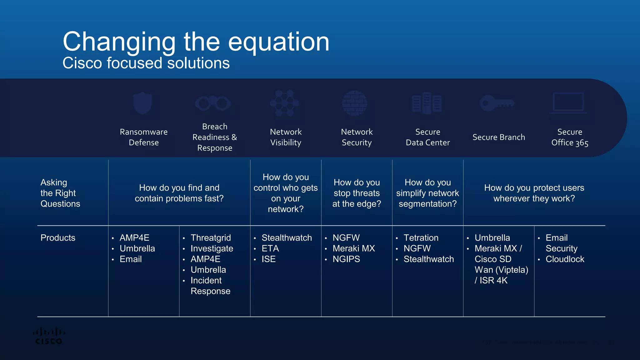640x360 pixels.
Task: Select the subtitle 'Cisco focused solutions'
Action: pyautogui.click(x=146, y=63)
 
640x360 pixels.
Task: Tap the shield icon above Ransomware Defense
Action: pyautogui.click(x=142, y=103)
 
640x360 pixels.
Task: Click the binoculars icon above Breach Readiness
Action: pyautogui.click(x=213, y=103)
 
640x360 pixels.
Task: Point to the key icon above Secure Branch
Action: pyautogui.click(x=497, y=103)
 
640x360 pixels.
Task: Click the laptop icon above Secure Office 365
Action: pyautogui.click(x=568, y=103)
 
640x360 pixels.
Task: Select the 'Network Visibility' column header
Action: pyautogui.click(x=286, y=137)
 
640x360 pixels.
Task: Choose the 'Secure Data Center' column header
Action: pyautogui.click(x=427, y=137)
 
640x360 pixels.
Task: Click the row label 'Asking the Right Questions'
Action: pyautogui.click(x=60, y=193)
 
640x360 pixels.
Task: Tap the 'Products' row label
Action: pyautogui.click(x=58, y=238)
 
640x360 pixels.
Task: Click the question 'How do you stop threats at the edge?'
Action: pyautogui.click(x=357, y=193)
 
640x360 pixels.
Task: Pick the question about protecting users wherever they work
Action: pyautogui.click(x=534, y=193)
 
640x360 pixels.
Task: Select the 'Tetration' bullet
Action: pyautogui.click(x=421, y=238)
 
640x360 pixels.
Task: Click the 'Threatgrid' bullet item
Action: pyautogui.click(x=211, y=238)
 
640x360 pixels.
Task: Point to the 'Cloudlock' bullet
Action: pyautogui.click(x=565, y=259)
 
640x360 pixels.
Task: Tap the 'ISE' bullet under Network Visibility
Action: pyautogui.click(x=268, y=259)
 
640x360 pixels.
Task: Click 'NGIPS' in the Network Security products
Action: pyautogui.click(x=346, y=259)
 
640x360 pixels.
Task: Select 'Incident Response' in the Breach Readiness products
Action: pyautogui.click(x=210, y=286)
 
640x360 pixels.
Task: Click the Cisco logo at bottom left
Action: pyautogui.click(x=49, y=336)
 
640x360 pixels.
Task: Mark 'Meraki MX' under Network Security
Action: pyautogui.click(x=353, y=248)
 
